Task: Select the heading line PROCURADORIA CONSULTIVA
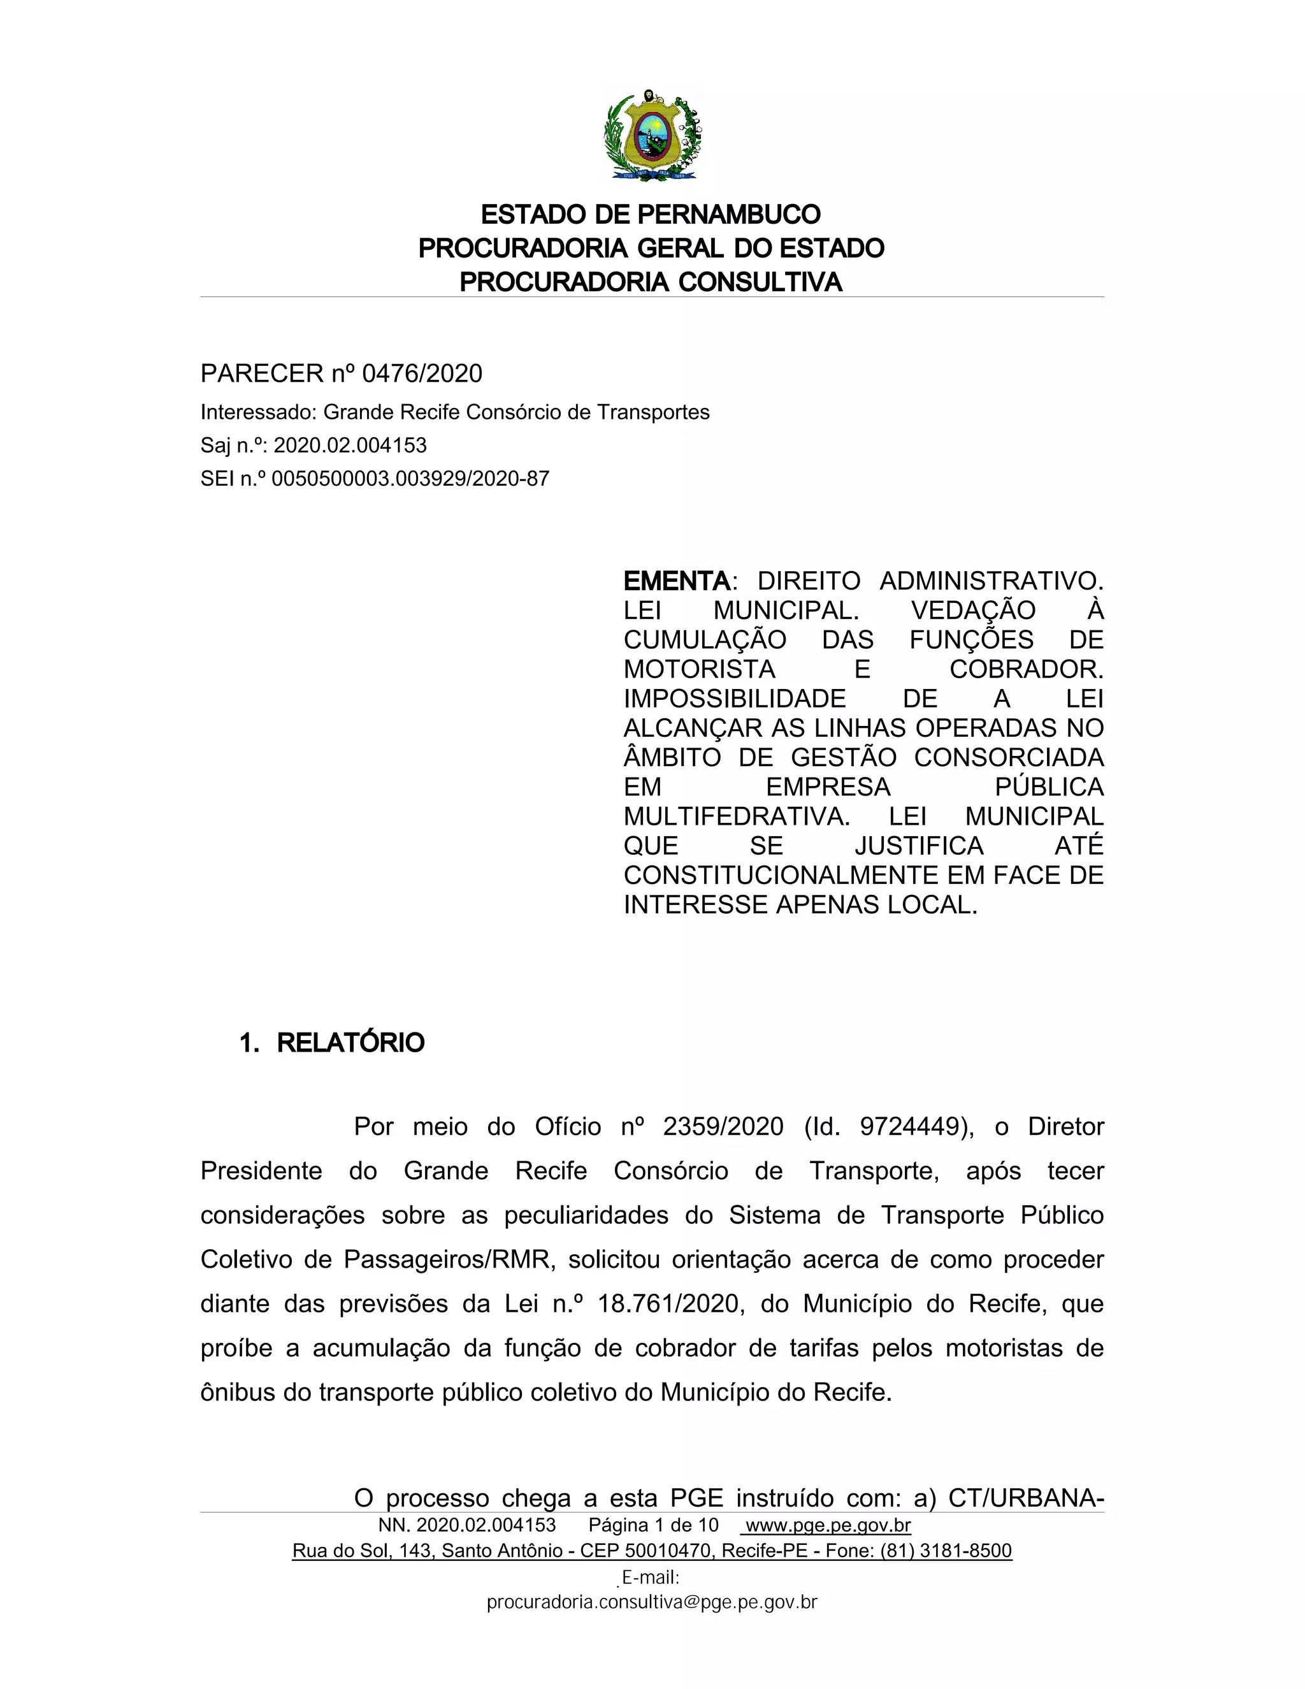[651, 282]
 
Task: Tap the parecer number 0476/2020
[422, 373]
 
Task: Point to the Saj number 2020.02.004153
[350, 446]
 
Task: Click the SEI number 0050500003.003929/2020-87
[410, 479]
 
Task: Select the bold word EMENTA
[677, 581]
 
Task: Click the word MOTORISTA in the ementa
[700, 669]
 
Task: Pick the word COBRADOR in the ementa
[1026, 669]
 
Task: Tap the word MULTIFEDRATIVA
[737, 816]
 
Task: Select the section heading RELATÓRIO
[350, 1043]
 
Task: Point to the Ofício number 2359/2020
[723, 1126]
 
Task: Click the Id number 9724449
[910, 1126]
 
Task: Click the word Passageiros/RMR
[449, 1259]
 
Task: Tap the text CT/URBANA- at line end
[1026, 1498]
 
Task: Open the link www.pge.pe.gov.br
[827, 1525]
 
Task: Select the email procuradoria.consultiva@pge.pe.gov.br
[652, 1602]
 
